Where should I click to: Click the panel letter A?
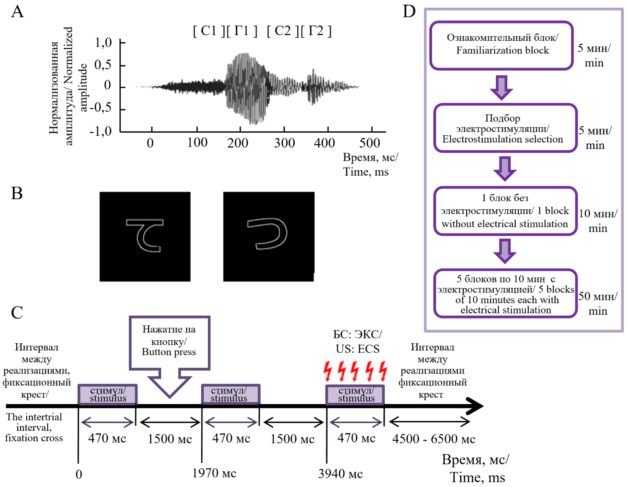click(x=17, y=11)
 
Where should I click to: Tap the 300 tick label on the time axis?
click(x=284, y=143)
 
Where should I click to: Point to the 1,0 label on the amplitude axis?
click(x=103, y=43)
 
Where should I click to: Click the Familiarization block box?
click(x=502, y=45)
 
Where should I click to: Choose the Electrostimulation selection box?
click(x=505, y=128)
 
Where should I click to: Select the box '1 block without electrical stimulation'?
click(x=505, y=211)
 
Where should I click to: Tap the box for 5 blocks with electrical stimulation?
click(x=505, y=294)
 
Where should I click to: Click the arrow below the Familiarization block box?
click(x=501, y=87)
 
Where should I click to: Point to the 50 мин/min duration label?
click(x=598, y=303)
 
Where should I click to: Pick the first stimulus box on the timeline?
click(x=108, y=395)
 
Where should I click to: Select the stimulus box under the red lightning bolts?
click(x=356, y=395)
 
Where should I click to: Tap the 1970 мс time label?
click(x=214, y=473)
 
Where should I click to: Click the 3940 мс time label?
click(x=340, y=473)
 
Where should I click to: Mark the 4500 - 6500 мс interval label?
click(x=433, y=439)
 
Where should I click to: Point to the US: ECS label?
click(x=357, y=349)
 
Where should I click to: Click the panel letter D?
click(x=409, y=11)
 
